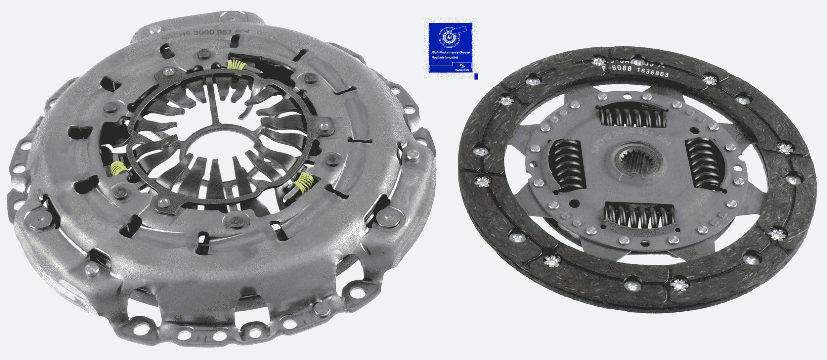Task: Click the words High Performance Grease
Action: click(x=450, y=52)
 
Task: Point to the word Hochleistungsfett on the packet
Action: click(x=445, y=58)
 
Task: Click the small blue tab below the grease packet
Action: click(x=476, y=76)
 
